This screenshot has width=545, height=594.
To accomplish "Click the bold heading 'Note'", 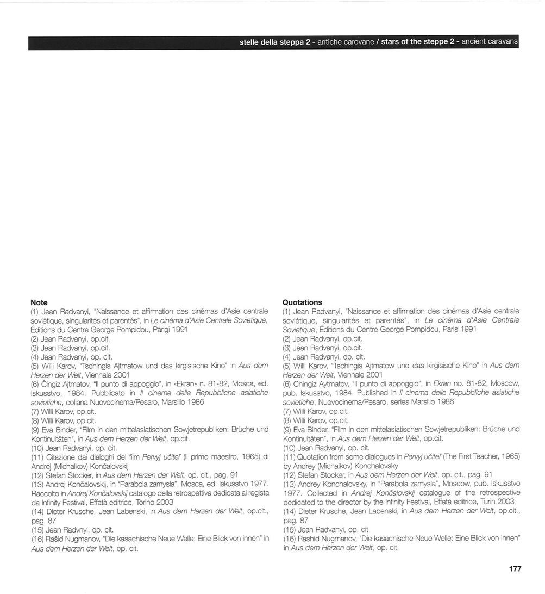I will pos(39,302).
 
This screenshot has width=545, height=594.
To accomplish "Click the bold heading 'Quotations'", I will pos(302,302).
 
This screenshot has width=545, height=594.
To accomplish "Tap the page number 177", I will pos(515,569).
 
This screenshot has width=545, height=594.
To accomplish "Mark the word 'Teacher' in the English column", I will pos(471,456).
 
